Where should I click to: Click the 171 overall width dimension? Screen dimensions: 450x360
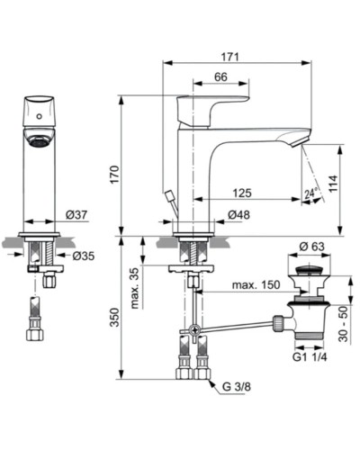pyautogui.click(x=230, y=58)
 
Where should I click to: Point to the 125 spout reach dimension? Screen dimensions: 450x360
pyautogui.click(x=241, y=193)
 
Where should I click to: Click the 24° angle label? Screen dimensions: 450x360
pyautogui.click(x=310, y=193)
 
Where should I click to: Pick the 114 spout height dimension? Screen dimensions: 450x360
pyautogui.click(x=333, y=183)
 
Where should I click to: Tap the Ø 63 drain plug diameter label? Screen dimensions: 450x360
pyautogui.click(x=311, y=246)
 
